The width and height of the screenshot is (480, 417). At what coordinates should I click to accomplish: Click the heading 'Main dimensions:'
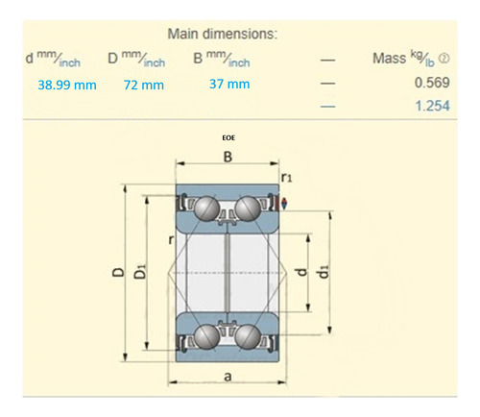223,35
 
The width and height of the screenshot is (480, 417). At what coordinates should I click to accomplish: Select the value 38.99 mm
67,85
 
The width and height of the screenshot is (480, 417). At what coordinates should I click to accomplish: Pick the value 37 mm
229,84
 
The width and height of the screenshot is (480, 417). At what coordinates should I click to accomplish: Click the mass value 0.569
433,83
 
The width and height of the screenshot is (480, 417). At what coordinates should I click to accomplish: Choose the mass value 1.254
433,107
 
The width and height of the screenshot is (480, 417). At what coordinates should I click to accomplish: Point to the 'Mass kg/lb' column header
409,60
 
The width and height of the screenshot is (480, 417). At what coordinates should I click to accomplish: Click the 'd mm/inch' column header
54,61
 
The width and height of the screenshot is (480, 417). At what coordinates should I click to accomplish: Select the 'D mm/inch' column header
136,61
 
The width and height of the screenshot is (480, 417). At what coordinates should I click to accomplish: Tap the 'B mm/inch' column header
222,61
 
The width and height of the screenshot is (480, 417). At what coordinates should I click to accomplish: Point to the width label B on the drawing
228,157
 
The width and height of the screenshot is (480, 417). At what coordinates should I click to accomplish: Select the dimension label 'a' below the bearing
228,378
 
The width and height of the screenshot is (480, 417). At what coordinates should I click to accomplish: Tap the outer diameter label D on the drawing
116,274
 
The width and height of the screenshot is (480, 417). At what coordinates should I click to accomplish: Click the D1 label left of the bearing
140,274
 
